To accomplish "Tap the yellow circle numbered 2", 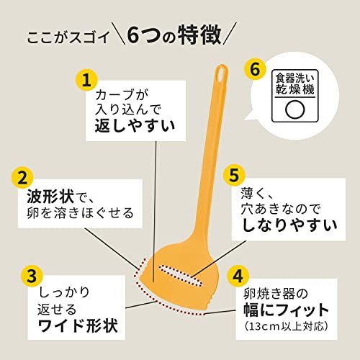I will click(23, 177).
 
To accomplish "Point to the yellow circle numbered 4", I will click(238, 276).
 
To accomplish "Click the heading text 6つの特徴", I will click(173, 35).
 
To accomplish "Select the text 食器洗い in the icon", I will click(294, 78).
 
